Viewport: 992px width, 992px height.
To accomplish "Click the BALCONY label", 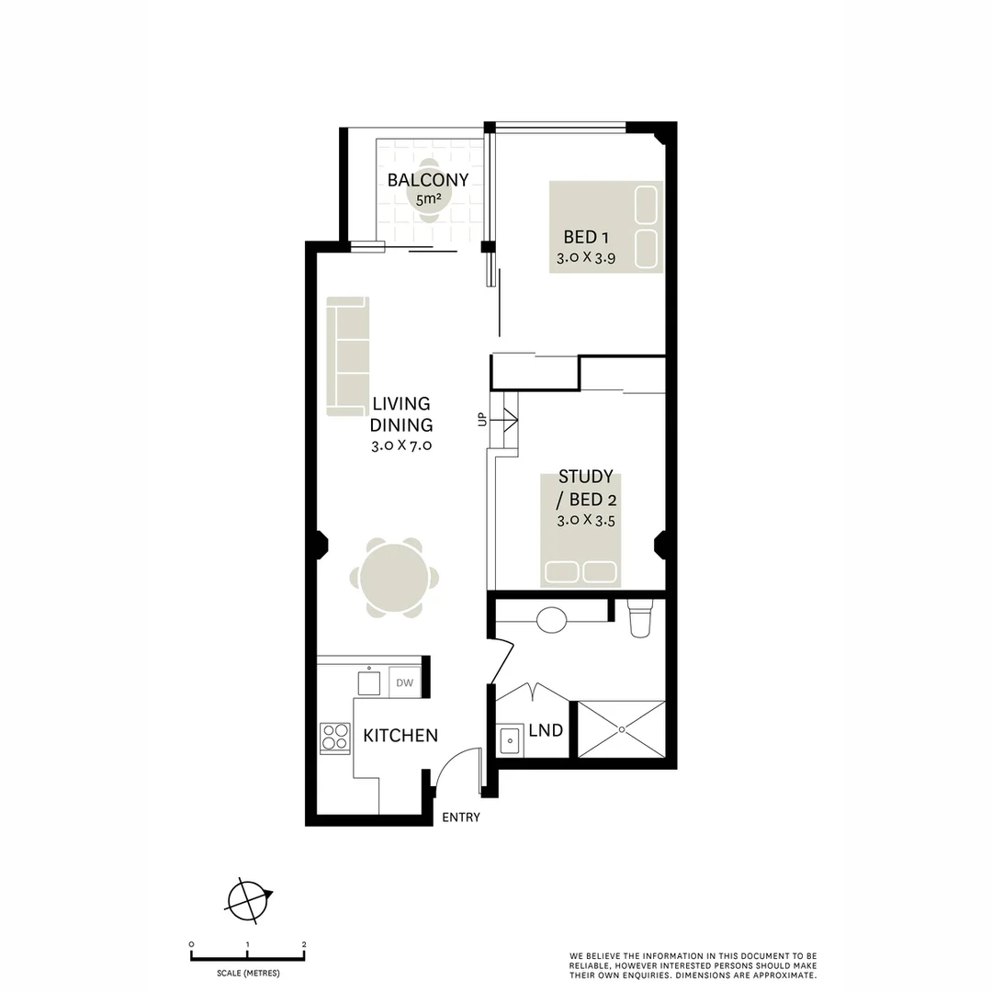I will click(428, 180).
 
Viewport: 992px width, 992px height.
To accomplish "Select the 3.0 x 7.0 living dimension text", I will click(401, 446).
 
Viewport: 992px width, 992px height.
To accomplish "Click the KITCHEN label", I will click(400, 736).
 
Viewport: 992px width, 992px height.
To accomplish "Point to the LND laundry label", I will click(546, 731).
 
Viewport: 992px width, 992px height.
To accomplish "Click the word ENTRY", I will click(461, 817).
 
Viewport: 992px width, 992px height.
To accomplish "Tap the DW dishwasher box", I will click(403, 682).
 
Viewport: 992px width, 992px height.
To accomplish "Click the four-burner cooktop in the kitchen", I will click(335, 738).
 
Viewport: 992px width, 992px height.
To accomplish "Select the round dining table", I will click(394, 579).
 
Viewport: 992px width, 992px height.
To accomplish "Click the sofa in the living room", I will click(347, 355).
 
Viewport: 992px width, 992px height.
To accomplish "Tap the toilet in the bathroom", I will click(639, 618).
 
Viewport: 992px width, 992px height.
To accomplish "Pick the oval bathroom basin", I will click(551, 620).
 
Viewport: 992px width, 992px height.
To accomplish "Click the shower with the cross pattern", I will click(622, 729).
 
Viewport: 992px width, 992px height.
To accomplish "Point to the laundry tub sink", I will click(510, 738).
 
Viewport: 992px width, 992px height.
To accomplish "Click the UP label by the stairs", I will click(480, 420).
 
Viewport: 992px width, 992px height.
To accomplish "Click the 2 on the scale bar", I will click(304, 944).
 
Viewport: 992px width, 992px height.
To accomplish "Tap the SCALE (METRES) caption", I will click(248, 973).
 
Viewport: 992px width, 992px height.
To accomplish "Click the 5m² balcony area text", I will click(429, 198).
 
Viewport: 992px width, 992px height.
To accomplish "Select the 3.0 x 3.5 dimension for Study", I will click(585, 520).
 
